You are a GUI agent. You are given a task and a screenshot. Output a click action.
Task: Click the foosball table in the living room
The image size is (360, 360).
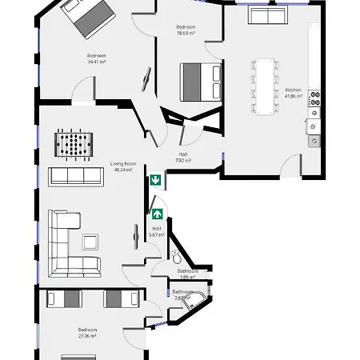click(x=72, y=145)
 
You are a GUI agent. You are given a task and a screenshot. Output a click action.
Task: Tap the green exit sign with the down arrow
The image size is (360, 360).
click(x=156, y=180)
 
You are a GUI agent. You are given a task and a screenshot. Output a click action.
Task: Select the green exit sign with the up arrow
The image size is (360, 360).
click(x=158, y=214)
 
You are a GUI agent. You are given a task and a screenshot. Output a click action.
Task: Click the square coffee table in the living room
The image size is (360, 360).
click(x=89, y=241)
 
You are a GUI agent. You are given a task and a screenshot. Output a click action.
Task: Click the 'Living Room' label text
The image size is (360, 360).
click(x=124, y=164)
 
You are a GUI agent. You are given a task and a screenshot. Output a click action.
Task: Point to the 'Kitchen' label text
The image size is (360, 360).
click(x=293, y=90)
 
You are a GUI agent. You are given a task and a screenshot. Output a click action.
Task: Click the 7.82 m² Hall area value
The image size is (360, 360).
click(x=183, y=160)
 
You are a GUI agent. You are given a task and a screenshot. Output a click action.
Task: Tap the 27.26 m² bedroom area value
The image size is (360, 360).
click(x=87, y=336)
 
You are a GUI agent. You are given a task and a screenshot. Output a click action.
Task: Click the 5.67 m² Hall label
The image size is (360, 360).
click(x=157, y=234)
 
